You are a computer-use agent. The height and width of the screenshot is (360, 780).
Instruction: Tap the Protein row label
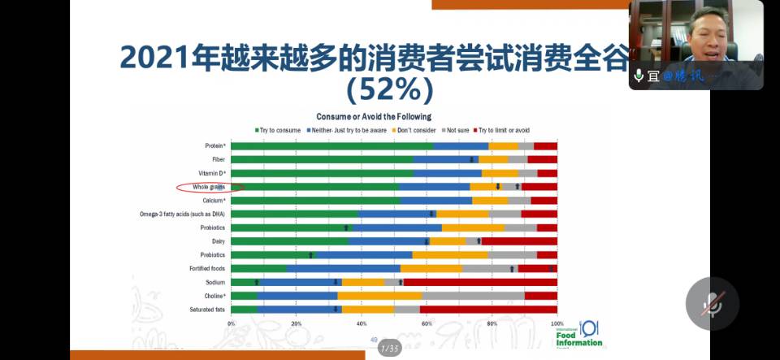pyautogui.click(x=214, y=146)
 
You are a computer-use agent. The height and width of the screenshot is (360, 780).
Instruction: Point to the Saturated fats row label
pyautogui.click(x=209, y=309)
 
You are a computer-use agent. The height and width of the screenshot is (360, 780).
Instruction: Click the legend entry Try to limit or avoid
pyautogui.click(x=504, y=130)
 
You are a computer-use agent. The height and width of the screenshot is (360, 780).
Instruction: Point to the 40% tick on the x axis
pyautogui.click(x=362, y=323)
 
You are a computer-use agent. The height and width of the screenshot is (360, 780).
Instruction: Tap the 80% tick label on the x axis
pyautogui.click(x=492, y=323)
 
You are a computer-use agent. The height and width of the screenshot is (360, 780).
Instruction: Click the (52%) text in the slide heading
pyautogui.click(x=389, y=89)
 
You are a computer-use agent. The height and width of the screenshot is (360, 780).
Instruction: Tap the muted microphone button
pyautogui.click(x=712, y=303)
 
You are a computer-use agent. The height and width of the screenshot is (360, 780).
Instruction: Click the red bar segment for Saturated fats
pyautogui.click(x=488, y=309)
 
